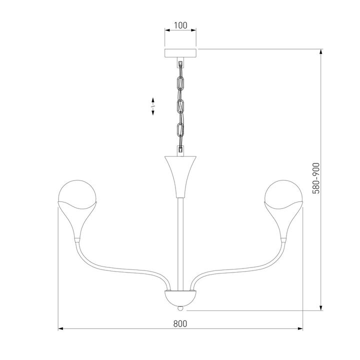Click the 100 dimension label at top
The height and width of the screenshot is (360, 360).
(x=180, y=24)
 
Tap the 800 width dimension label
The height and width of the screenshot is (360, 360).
(x=180, y=322)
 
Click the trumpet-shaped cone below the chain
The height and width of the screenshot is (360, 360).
(x=180, y=175)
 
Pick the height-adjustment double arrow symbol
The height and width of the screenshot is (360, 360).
(x=153, y=106)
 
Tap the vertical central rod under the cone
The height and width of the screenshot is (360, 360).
(x=180, y=240)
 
